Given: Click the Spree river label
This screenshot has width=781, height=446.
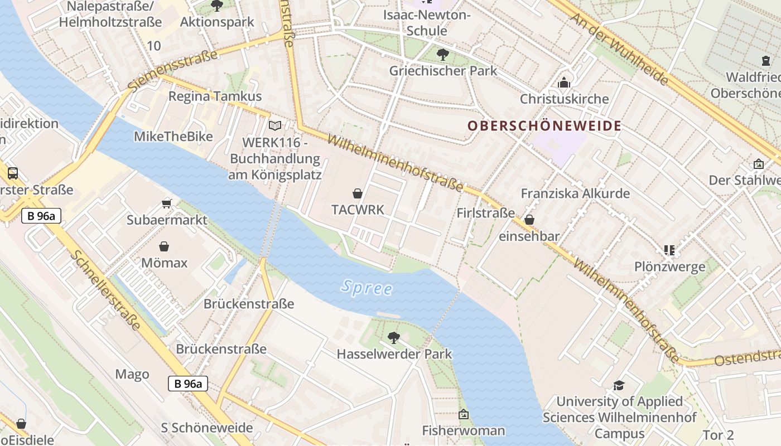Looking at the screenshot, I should [x=367, y=288].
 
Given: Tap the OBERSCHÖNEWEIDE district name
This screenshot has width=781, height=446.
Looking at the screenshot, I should [x=544, y=126].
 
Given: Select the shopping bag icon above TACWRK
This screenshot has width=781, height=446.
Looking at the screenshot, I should [x=358, y=193].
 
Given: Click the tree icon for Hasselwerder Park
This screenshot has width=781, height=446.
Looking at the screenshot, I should [x=394, y=337].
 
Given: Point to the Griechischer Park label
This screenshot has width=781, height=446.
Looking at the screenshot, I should [x=443, y=71].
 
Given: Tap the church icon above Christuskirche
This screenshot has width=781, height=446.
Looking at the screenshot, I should [x=564, y=83].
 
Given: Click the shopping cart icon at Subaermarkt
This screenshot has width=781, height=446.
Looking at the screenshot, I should [x=166, y=203].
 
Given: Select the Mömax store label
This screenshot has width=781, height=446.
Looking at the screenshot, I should [x=164, y=263].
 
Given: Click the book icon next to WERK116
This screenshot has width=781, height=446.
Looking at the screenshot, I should [x=274, y=126].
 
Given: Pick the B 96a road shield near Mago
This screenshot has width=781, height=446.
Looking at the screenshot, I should [x=187, y=384].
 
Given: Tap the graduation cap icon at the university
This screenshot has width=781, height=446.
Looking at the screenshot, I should [x=619, y=385].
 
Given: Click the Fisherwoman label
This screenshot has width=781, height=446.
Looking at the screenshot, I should [x=463, y=430].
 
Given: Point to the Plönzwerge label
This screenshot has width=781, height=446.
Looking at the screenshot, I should [x=669, y=267].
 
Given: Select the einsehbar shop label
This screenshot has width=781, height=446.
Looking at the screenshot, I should [x=528, y=236].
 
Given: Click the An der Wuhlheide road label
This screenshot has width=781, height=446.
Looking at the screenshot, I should [x=619, y=48].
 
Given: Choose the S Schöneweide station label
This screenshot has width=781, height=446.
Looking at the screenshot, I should [x=206, y=428].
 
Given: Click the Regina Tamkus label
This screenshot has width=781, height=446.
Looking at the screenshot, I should [x=215, y=96].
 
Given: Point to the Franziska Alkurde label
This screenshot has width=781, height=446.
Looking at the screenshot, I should [x=575, y=194].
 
